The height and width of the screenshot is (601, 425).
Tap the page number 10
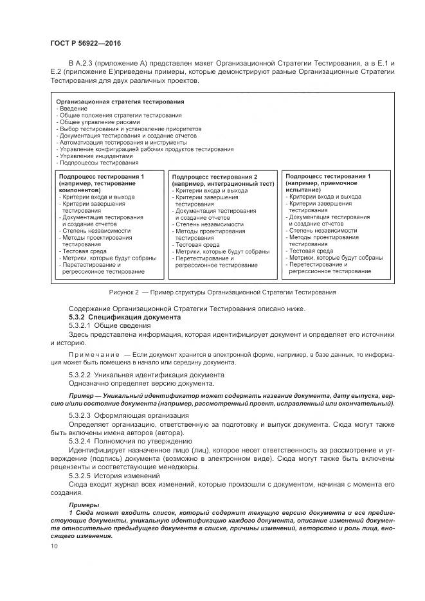(53, 545)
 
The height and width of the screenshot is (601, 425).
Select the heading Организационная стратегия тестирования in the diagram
(120, 102)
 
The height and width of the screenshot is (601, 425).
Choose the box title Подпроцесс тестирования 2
(214, 176)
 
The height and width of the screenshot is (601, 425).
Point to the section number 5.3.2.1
(80, 326)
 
